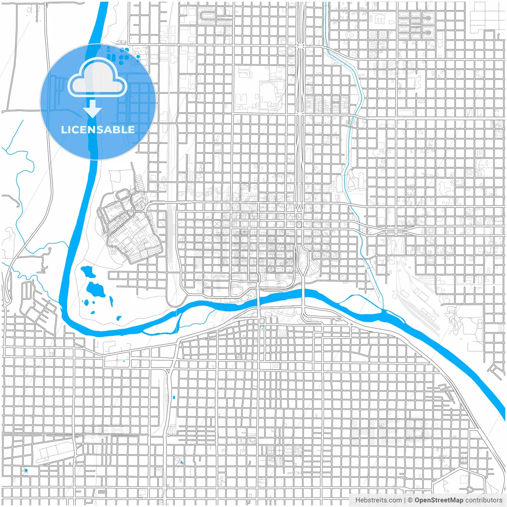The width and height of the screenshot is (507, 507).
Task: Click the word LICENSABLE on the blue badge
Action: (97, 130)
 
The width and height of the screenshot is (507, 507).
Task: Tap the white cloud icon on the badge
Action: (97, 78)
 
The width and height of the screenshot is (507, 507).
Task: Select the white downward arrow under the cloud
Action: (92, 109)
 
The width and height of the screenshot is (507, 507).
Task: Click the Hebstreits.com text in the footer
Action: (378, 500)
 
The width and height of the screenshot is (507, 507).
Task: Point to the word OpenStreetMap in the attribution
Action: (438, 500)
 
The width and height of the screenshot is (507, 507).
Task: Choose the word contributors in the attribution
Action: (483, 500)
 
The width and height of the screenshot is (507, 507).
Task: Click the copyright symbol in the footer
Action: (410, 500)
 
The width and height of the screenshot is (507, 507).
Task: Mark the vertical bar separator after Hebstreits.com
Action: (404, 500)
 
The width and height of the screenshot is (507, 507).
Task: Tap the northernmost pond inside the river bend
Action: (88, 271)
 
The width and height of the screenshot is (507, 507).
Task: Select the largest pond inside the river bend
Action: (96, 290)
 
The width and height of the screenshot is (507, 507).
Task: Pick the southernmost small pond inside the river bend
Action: (118, 318)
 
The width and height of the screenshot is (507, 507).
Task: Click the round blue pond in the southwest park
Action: (26, 470)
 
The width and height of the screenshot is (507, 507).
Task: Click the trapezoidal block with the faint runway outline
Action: (55, 452)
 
